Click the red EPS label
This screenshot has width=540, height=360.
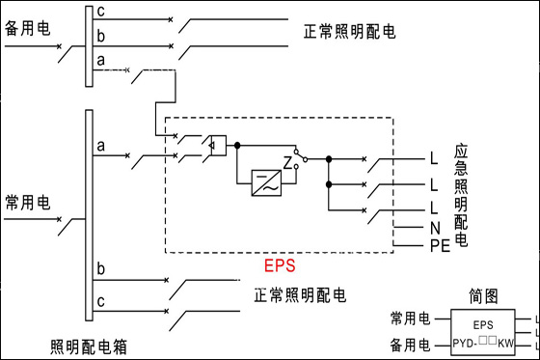click(280, 265)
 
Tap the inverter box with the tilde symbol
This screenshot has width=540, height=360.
click(266, 183)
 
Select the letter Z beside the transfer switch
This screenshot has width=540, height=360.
click(287, 163)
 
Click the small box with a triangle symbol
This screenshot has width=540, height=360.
click(218, 146)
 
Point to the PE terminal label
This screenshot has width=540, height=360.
click(440, 246)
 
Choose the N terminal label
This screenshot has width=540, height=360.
click(435, 228)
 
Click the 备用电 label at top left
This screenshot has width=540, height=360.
click(28, 28)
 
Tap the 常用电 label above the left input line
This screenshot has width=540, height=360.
click(28, 203)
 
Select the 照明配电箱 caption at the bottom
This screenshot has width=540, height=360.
click(89, 346)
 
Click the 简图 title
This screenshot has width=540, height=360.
click(483, 296)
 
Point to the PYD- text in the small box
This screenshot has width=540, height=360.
click(465, 344)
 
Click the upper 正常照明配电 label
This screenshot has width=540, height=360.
click(349, 32)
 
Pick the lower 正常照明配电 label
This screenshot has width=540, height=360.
click(300, 295)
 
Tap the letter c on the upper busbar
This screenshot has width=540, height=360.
click(100, 12)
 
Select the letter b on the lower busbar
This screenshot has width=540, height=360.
click(100, 268)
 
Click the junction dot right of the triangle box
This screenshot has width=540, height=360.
click(237, 146)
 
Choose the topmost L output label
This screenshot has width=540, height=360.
click(434, 158)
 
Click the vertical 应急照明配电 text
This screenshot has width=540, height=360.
click(461, 195)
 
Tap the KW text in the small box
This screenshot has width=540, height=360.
click(505, 344)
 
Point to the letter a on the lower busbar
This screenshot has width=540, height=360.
click(100, 146)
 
